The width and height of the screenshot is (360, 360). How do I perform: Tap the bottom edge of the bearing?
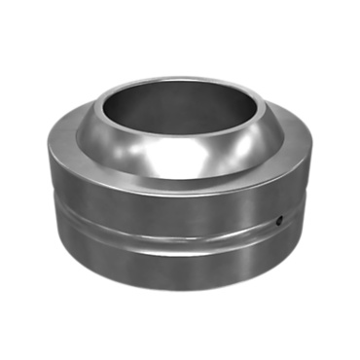(x=180, y=289)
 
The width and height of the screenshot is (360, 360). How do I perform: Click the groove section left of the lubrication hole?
(x=243, y=230)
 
